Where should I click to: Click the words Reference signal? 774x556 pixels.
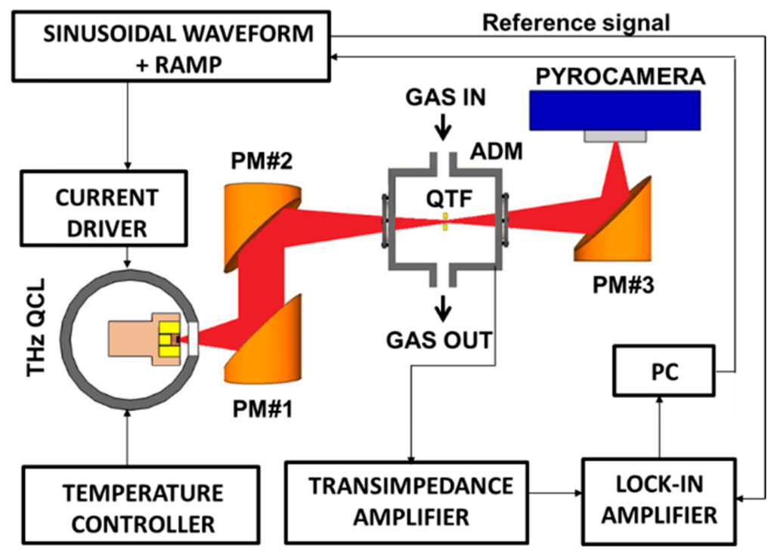(x=576, y=23)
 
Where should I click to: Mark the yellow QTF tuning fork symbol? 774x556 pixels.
(x=445, y=221)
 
